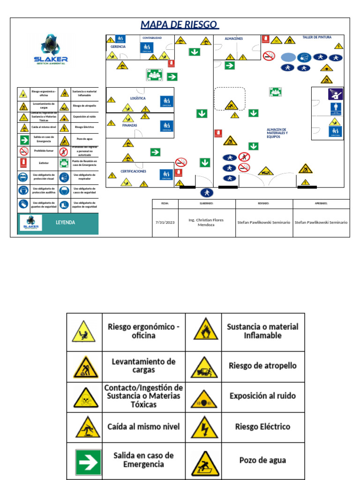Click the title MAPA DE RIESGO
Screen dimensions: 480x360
180,24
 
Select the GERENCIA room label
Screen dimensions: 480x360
118,47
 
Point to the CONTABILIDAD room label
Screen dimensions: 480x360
152,37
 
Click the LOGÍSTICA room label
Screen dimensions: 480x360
138,98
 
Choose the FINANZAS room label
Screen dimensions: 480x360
130,126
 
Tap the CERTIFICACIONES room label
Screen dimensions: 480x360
134,172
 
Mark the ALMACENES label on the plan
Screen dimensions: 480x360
233,38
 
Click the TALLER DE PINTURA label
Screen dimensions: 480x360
317,37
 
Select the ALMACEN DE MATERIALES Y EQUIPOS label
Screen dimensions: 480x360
277,133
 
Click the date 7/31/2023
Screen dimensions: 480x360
165,223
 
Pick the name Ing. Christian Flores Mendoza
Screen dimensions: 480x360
206,223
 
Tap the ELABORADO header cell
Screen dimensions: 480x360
206,203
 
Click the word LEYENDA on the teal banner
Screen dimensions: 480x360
66,223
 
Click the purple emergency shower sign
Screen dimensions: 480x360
335,94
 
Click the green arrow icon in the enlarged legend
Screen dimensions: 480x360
89,463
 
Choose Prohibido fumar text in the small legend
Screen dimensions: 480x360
44,151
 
